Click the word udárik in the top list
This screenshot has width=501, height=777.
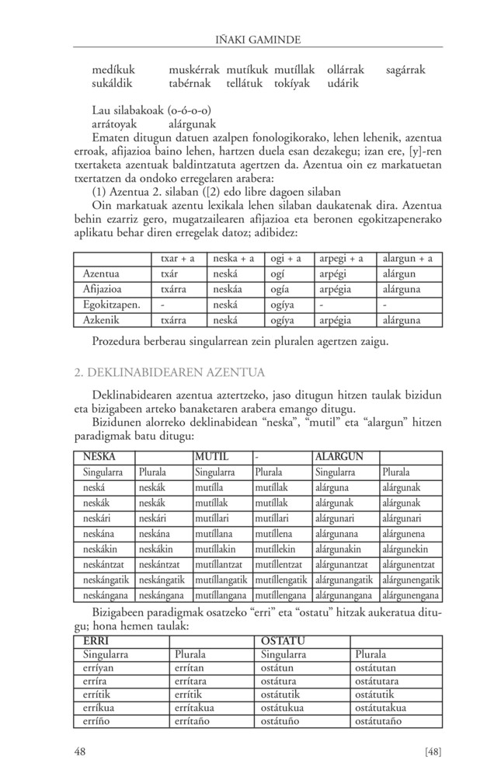point(343,83)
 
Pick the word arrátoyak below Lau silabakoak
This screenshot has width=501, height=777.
point(115,123)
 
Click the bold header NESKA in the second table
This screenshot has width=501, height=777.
point(99,456)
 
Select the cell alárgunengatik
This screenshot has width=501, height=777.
point(411,580)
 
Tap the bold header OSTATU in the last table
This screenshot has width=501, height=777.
point(283,641)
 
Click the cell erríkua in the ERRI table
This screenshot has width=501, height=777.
point(102,708)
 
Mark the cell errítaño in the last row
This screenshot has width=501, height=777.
point(198,723)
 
